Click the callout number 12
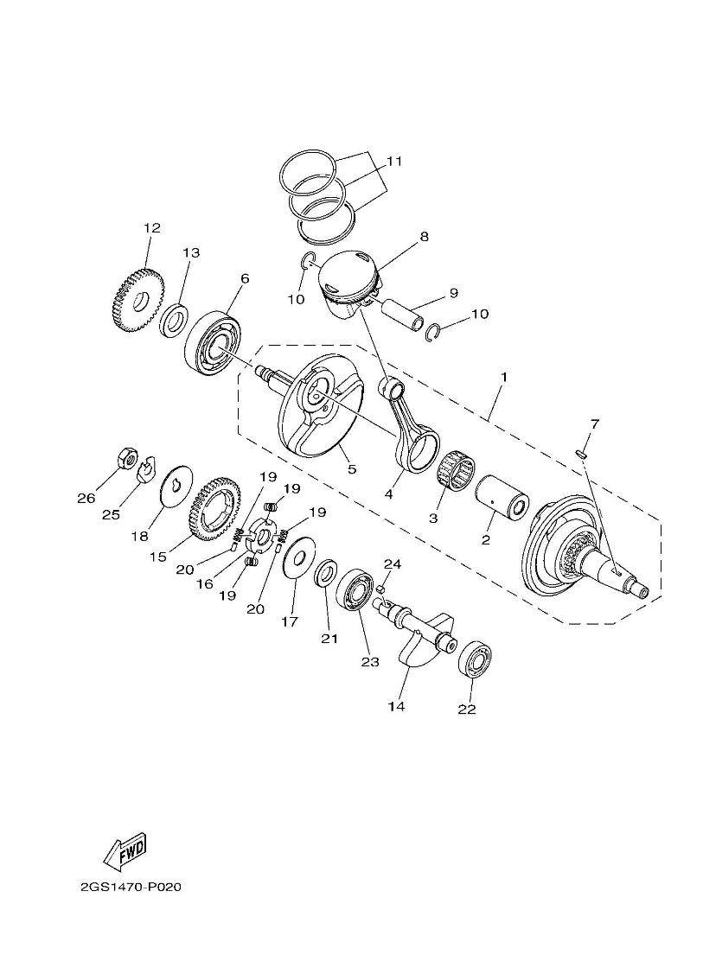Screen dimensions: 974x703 point(152,228)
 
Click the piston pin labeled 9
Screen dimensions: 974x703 point(406,314)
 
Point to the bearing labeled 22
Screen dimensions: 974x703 point(474,661)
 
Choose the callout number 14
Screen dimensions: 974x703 point(396,707)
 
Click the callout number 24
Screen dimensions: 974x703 point(393,564)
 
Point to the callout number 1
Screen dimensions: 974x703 point(503,378)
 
